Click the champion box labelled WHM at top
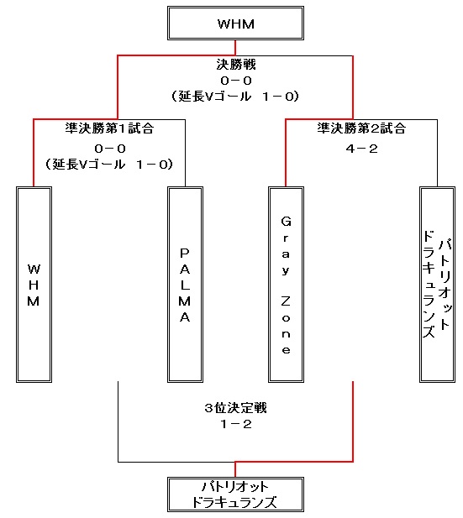click(x=235, y=24)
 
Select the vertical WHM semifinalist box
click(x=34, y=285)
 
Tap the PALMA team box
click(x=185, y=285)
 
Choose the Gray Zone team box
click(x=286, y=285)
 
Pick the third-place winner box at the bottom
click(x=235, y=494)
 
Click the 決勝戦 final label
click(x=236, y=65)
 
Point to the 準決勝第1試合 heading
click(x=109, y=128)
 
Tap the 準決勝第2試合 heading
click(x=361, y=128)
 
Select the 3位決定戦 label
click(x=236, y=408)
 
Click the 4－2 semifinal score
click(x=362, y=149)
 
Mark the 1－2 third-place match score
click(x=236, y=424)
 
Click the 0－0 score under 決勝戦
click(x=236, y=81)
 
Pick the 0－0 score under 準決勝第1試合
click(x=110, y=149)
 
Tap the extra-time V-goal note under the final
click(x=235, y=97)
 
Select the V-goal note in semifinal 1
click(x=109, y=165)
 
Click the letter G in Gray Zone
click(x=286, y=221)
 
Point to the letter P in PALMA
click(x=185, y=253)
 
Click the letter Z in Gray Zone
click(x=286, y=301)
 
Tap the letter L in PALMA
click(x=185, y=285)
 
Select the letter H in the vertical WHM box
click(x=34, y=285)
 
